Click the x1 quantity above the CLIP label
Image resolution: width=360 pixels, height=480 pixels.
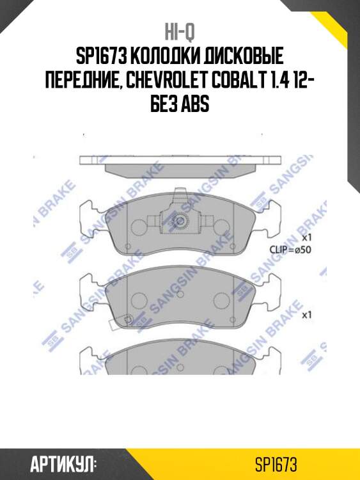(306, 237)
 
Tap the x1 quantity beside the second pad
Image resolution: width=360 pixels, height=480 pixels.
(306, 315)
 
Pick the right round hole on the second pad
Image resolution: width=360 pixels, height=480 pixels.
(221, 298)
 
